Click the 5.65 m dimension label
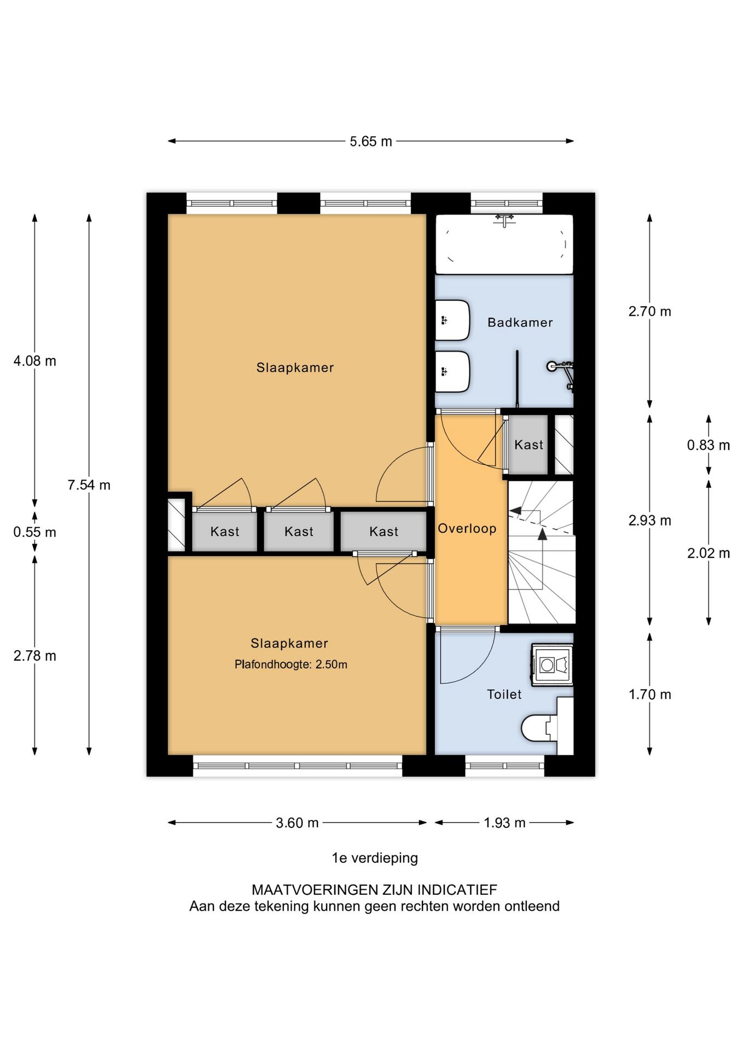click(x=371, y=142)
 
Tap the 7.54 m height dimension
click(x=89, y=485)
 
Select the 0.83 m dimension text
click(x=709, y=446)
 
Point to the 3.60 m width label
click(x=297, y=823)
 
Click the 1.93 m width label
click(x=504, y=823)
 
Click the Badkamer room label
click(x=520, y=323)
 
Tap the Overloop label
click(x=467, y=529)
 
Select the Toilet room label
click(x=504, y=695)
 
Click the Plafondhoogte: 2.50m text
click(x=291, y=665)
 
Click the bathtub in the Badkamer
click(x=504, y=244)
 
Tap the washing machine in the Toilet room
click(x=552, y=664)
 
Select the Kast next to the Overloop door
click(x=384, y=532)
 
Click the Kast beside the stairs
click(x=529, y=445)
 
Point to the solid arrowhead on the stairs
click(x=542, y=534)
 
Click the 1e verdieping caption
click(x=375, y=858)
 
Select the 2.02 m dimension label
click(x=709, y=553)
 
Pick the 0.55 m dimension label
click(x=35, y=533)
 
